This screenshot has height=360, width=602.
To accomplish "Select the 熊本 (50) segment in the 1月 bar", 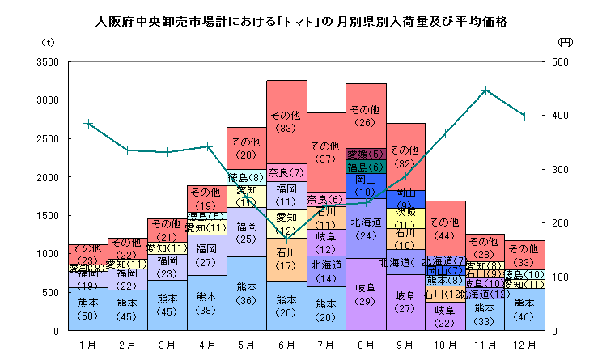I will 88,307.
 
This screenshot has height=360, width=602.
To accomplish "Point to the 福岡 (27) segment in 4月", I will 207,255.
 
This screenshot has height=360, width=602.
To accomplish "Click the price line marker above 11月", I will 485,90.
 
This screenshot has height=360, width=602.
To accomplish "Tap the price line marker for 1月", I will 88,124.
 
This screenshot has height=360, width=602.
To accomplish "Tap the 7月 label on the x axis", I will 326,344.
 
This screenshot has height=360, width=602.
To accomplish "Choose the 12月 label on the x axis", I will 524,344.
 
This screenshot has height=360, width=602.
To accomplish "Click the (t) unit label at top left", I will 46,40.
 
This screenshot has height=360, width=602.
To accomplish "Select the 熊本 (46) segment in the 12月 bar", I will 524,309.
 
